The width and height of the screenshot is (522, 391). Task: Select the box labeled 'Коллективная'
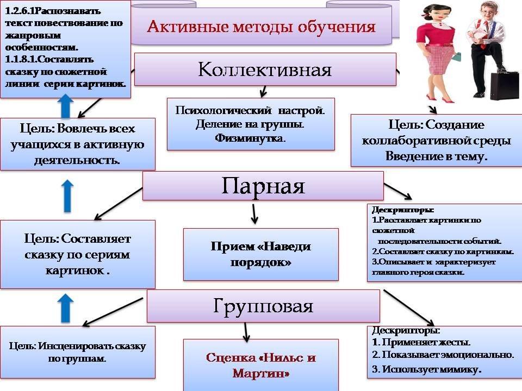pyautogui.click(x=265, y=70)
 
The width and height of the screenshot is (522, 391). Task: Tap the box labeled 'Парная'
pyautogui.click(x=263, y=186)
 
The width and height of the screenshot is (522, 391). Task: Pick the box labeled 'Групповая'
pyautogui.click(x=263, y=306)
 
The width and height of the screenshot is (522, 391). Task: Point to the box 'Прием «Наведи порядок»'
pyautogui.click(x=261, y=254)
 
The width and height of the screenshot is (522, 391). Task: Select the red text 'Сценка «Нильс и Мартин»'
pyautogui.click(x=261, y=365)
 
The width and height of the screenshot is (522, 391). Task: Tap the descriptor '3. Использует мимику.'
pyautogui.click(x=427, y=370)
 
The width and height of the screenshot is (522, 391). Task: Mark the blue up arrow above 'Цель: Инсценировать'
pyautogui.click(x=66, y=308)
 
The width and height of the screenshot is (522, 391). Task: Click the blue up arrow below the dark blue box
pyautogui.click(x=66, y=106)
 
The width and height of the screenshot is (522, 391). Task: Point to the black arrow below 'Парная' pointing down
pyautogui.click(x=254, y=214)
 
